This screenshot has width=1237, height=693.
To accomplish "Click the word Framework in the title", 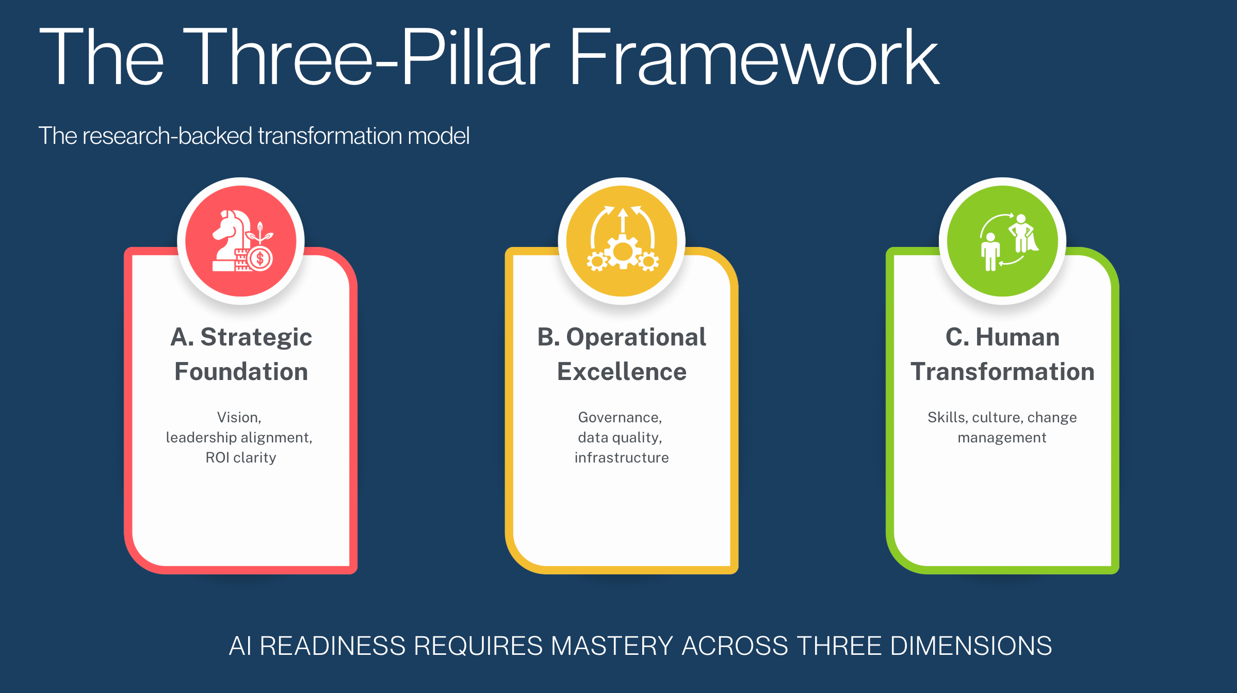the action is [x=753, y=58].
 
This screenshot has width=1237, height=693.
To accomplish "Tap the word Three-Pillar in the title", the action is [x=366, y=58].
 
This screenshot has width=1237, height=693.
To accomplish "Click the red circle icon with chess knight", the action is [x=241, y=241].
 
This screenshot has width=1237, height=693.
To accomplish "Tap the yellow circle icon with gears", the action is [x=622, y=241].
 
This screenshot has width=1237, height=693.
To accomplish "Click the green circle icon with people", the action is [x=1002, y=241].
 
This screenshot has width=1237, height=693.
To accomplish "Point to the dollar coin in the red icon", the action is [x=259, y=259].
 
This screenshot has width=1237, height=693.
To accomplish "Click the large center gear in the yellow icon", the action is [x=623, y=252].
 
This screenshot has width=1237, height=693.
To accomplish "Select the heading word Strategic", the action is [x=256, y=337].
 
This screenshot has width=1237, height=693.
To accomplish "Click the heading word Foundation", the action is [x=241, y=372].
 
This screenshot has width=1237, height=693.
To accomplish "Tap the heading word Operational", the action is [x=636, y=337].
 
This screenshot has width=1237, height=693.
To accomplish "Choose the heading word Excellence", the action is [x=622, y=372].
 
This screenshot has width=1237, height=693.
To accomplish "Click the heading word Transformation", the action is [x=1002, y=372].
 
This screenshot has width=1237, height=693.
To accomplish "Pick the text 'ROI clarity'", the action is [x=241, y=457].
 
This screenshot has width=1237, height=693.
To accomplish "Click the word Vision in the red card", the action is [x=238, y=417].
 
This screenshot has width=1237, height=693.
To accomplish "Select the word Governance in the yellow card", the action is [x=619, y=417].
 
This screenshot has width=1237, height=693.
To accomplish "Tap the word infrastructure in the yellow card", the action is [x=622, y=457].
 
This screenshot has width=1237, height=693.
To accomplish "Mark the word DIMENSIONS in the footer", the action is [x=971, y=646].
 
